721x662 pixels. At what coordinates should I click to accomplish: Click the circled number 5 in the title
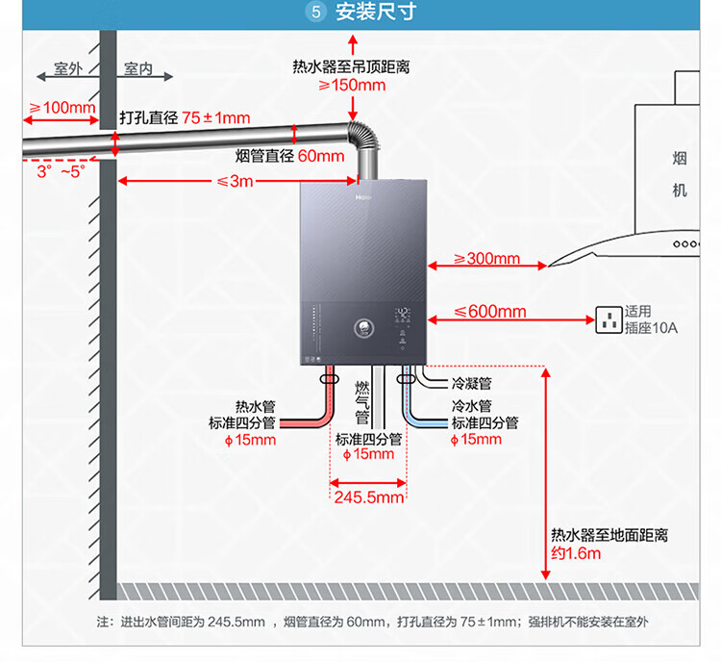tap(316, 13)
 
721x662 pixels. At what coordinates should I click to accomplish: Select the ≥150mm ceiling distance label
tap(352, 85)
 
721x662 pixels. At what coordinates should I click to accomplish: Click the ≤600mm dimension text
tap(490, 311)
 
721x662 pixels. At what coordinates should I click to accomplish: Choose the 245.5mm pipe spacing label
tap(369, 497)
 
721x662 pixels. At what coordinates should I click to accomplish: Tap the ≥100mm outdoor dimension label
tap(62, 107)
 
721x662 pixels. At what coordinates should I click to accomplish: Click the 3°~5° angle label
tap(61, 171)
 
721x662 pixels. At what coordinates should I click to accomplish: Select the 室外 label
tap(68, 69)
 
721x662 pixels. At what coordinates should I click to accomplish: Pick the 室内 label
tap(138, 69)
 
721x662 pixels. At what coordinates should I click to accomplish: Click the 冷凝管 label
tap(471, 383)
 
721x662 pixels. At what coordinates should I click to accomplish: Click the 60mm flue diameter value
tap(320, 156)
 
